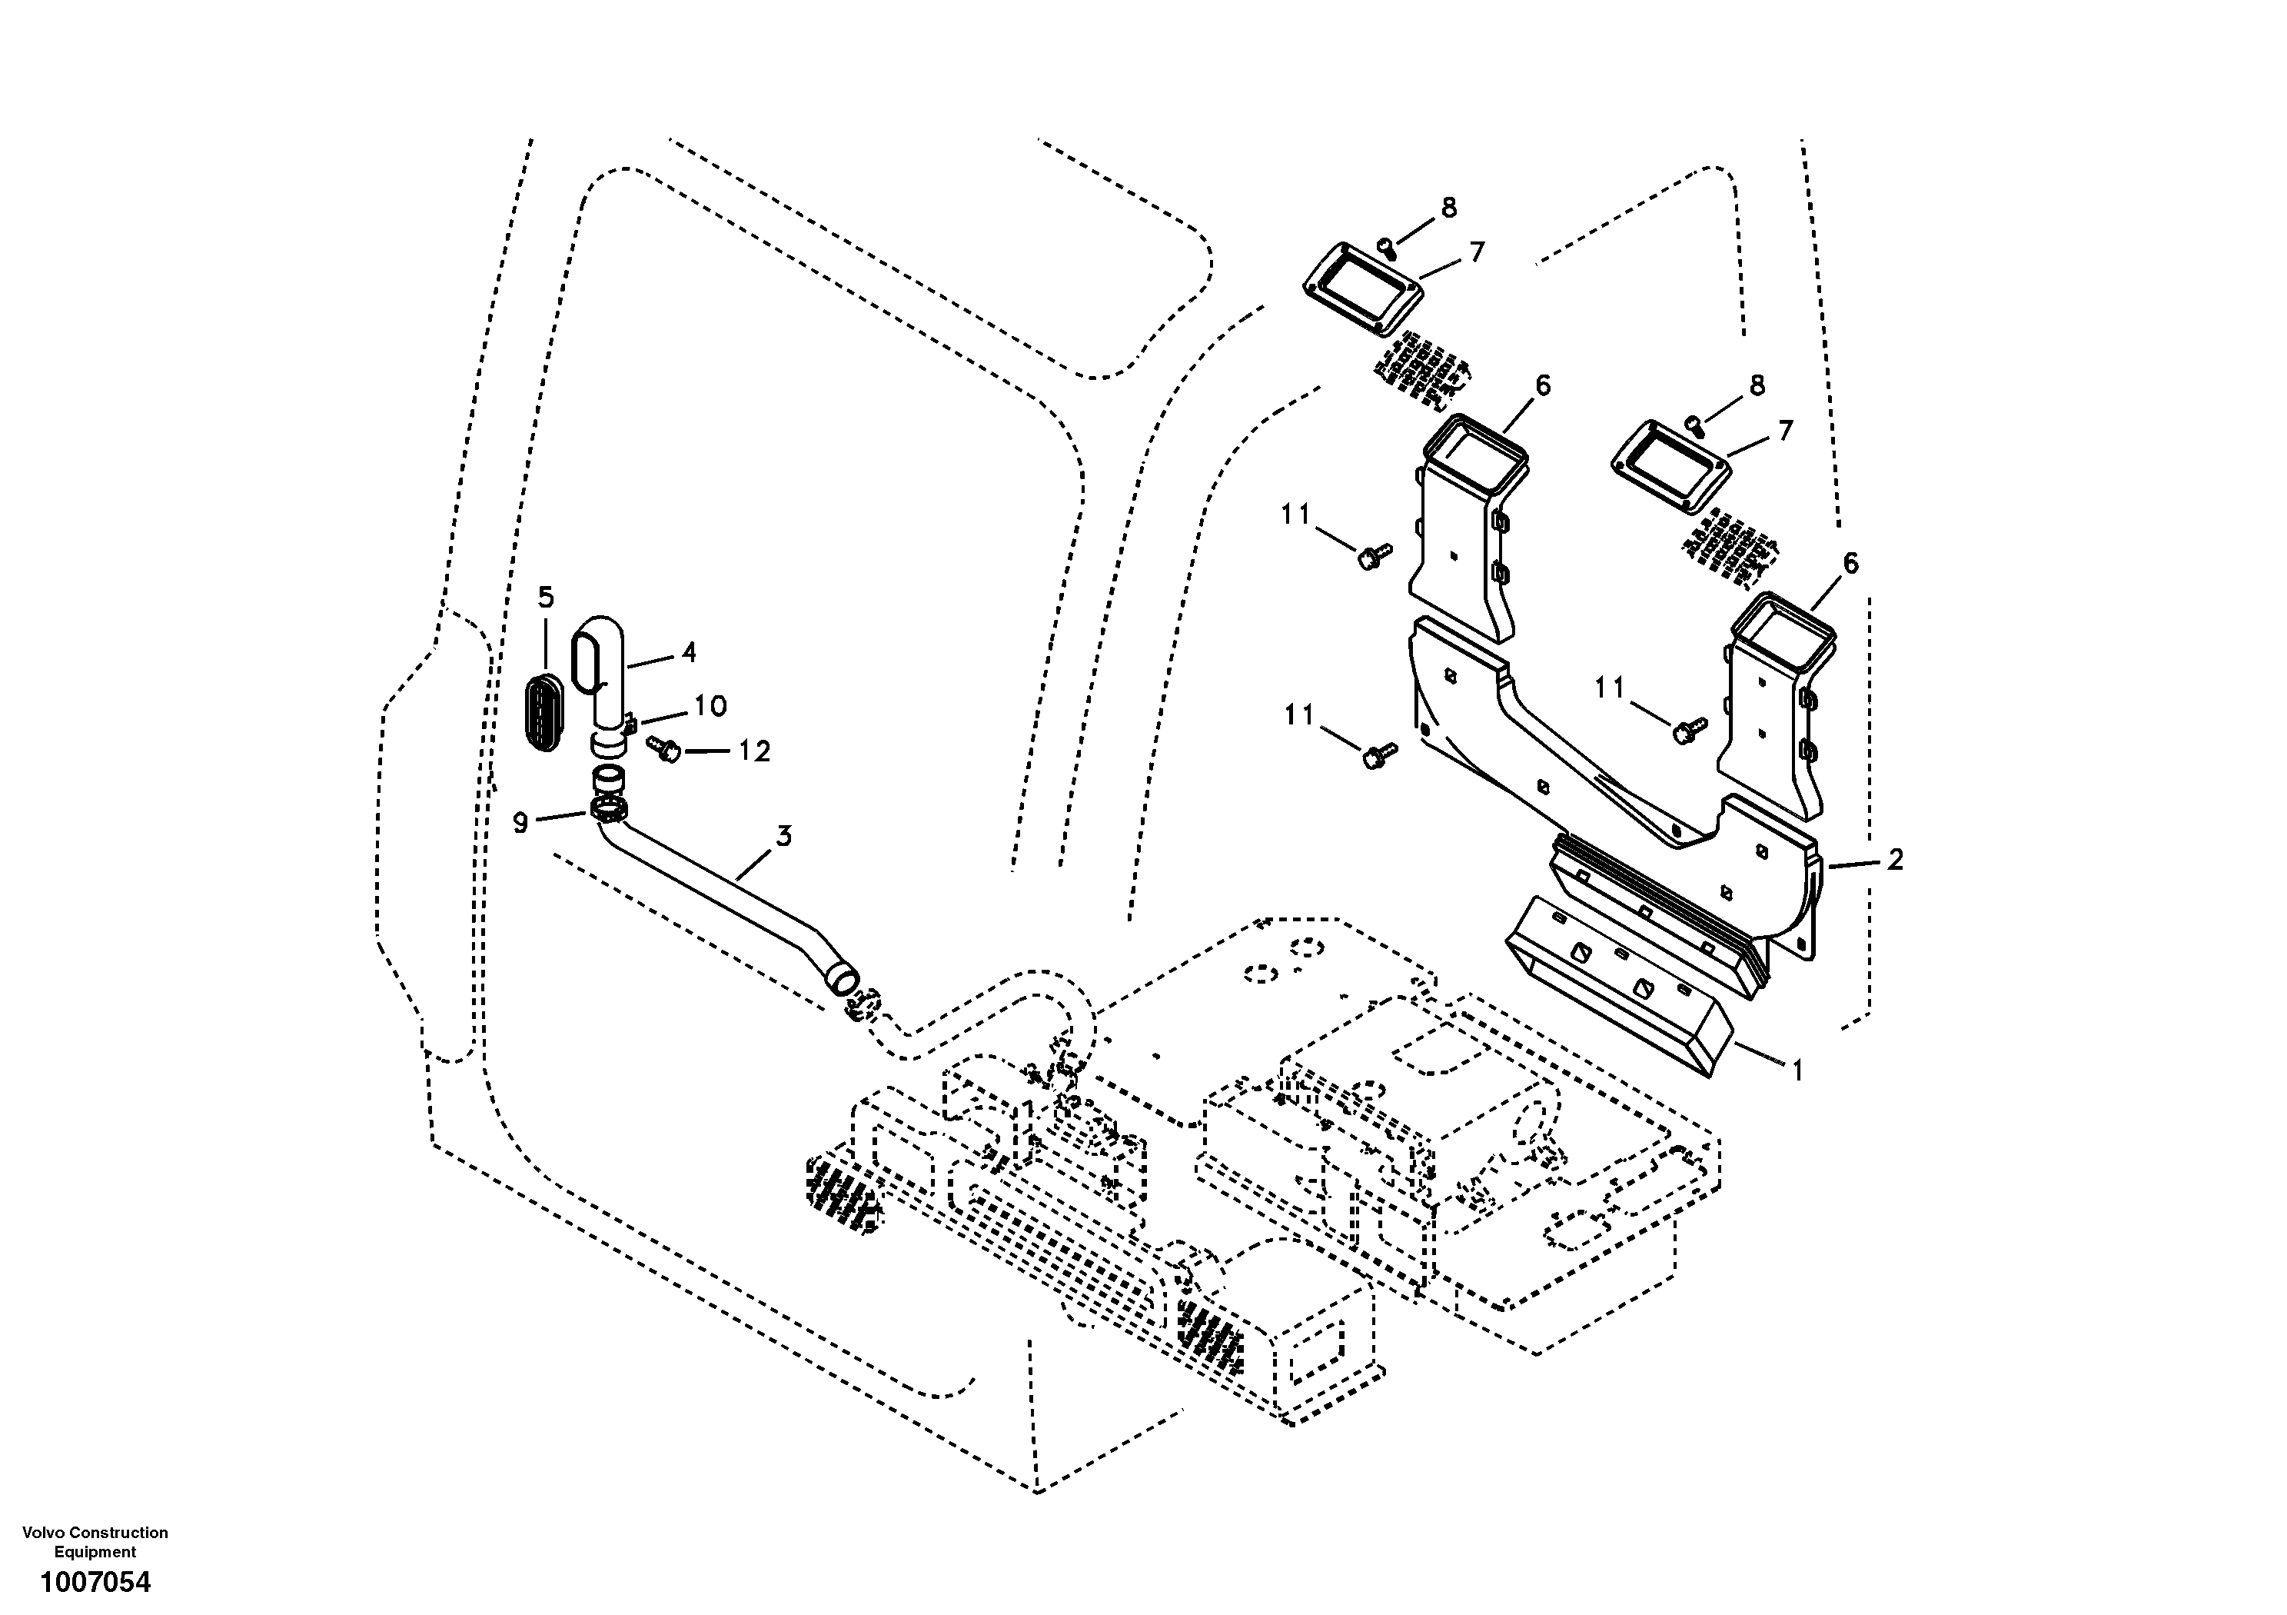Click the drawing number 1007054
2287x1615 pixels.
tap(95, 1581)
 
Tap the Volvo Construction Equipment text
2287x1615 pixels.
tap(95, 1541)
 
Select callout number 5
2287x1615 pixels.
tap(545, 597)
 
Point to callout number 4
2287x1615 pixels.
tap(690, 653)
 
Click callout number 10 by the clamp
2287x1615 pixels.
tap(710, 707)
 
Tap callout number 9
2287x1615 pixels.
tap(520, 823)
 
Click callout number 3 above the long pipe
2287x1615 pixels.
tap(785, 836)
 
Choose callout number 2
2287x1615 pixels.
tap(1894, 859)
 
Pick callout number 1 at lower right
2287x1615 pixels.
tap(1797, 1071)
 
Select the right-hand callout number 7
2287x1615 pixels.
tap(1785, 431)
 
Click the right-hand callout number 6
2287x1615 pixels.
tap(1850, 563)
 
